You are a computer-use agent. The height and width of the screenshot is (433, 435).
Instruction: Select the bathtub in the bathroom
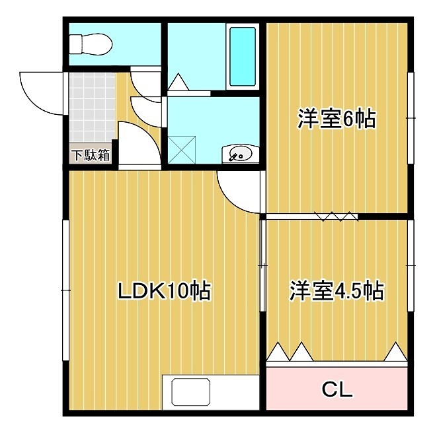tap(243, 57)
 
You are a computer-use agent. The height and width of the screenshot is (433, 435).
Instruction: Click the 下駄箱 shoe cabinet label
tap(91, 156)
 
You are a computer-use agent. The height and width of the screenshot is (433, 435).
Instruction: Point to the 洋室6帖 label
tap(335, 119)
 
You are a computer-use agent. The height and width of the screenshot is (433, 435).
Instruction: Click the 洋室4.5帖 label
tap(336, 291)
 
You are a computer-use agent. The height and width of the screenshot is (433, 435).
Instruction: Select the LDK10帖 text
tap(164, 291)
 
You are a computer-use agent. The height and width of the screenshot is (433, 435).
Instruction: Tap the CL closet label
tap(336, 389)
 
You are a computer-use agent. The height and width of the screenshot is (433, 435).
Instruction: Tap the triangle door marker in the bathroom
tap(178, 83)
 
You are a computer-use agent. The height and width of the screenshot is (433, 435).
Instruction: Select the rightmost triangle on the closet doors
tap(395, 352)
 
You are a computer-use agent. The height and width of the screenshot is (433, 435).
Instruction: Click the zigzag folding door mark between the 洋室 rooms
tap(336, 215)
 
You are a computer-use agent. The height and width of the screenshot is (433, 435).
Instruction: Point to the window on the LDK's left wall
tap(65, 290)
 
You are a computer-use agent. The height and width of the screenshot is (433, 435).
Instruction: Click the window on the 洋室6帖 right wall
tap(410, 118)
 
